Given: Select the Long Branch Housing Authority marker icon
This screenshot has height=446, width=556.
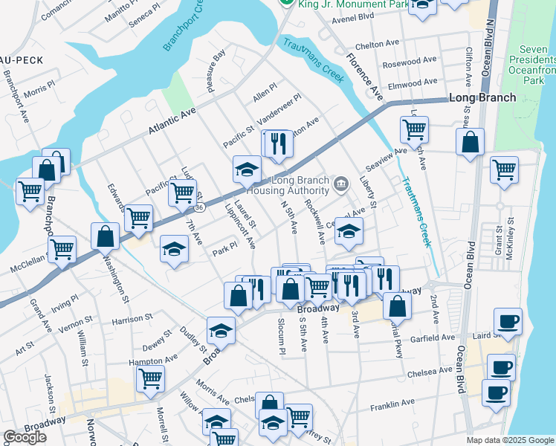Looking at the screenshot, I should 341,183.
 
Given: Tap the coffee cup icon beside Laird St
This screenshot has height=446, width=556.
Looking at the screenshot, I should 508,321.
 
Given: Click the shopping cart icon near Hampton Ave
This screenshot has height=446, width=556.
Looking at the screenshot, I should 150,378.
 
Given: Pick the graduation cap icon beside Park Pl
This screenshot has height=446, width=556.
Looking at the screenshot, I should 174,248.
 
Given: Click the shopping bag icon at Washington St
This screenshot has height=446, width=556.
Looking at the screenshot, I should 106,236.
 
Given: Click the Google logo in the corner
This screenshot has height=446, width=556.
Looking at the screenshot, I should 25,437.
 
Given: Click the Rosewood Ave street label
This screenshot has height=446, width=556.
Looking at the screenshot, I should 410,60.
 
